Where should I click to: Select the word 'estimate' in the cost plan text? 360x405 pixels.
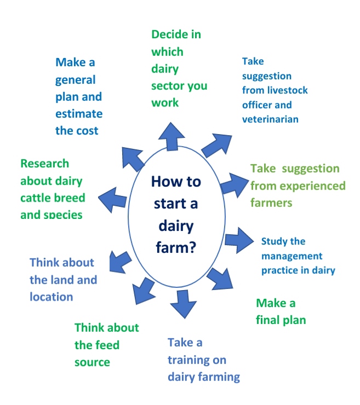[x=78, y=114]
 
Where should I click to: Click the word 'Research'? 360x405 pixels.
[x=44, y=163]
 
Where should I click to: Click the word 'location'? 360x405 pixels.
[x=51, y=297]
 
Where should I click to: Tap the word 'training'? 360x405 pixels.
[x=197, y=360]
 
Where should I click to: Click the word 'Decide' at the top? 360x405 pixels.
[x=168, y=34]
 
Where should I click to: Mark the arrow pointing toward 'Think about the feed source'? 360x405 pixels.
[x=144, y=290]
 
